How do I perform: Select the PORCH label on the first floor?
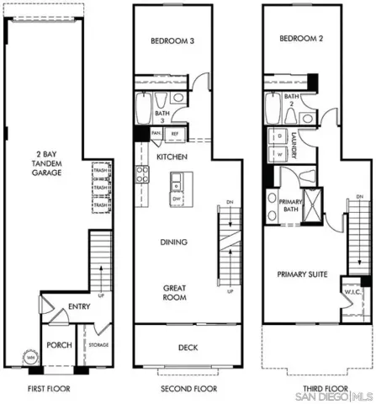(x=58, y=345)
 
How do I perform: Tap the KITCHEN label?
(x=172, y=157)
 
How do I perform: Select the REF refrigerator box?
(x=176, y=134)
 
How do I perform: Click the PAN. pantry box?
(x=156, y=134)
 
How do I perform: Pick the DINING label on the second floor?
(x=173, y=242)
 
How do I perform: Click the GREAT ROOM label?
(x=175, y=293)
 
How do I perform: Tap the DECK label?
(x=188, y=347)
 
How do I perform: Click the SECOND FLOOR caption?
(x=188, y=389)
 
